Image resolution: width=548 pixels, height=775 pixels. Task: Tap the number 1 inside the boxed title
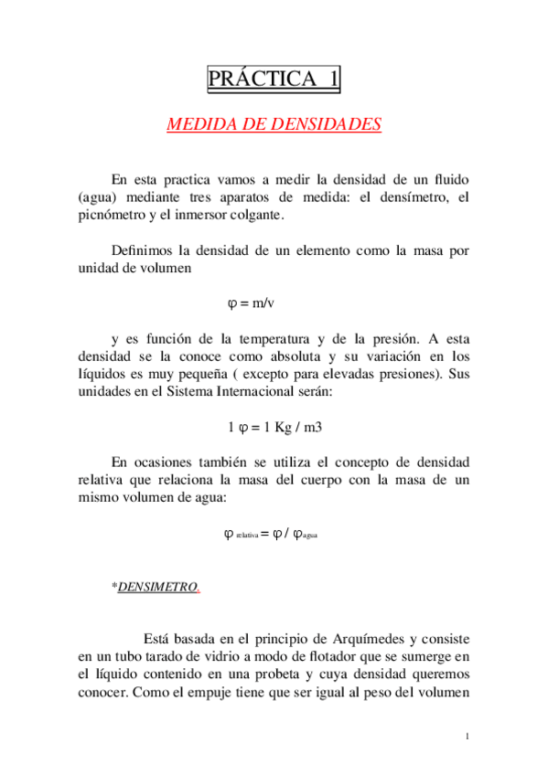pyautogui.click(x=332, y=80)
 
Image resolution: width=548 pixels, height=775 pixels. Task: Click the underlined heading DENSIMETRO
pyautogui.click(x=157, y=587)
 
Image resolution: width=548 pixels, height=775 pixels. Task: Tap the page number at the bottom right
pyautogui.click(x=467, y=737)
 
